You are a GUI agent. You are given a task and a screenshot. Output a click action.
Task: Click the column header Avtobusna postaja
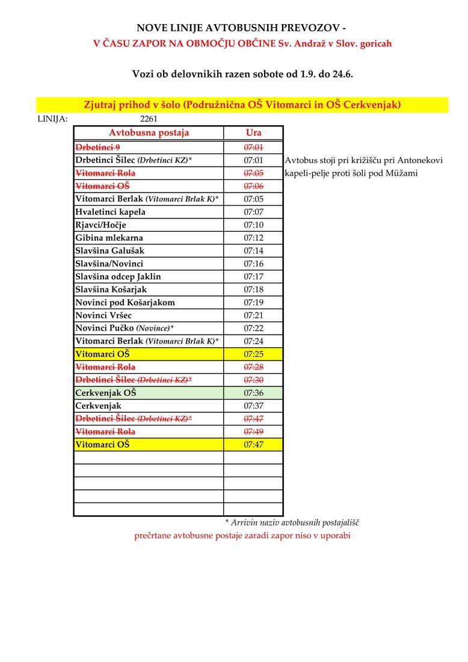click(149, 133)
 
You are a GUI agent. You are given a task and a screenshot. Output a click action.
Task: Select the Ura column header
click(253, 133)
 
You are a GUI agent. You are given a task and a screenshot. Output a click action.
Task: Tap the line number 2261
click(149, 119)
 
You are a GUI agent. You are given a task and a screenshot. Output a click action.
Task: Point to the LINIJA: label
click(52, 119)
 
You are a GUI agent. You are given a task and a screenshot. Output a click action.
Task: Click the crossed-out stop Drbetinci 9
click(97, 147)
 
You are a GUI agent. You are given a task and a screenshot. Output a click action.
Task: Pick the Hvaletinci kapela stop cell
click(110, 212)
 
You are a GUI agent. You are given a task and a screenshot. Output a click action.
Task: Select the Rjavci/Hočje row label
click(100, 225)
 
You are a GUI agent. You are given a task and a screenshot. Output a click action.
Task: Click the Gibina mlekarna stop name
click(109, 238)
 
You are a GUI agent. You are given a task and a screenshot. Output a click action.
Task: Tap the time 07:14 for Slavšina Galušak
click(253, 251)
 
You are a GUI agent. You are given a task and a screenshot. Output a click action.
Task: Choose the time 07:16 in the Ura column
click(253, 264)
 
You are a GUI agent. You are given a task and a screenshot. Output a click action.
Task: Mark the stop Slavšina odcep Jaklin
click(118, 277)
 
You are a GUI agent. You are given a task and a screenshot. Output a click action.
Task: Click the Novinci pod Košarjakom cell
click(125, 303)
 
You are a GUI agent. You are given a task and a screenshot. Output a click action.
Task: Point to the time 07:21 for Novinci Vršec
click(253, 315)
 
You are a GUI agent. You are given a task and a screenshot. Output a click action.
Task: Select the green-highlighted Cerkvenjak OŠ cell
click(106, 393)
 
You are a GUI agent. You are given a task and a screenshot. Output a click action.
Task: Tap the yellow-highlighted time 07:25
click(253, 354)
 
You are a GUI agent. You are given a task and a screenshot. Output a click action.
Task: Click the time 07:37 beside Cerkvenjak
click(253, 406)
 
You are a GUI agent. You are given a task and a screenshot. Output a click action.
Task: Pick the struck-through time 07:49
click(253, 432)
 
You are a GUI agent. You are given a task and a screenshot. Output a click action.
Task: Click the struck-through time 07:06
click(253, 186)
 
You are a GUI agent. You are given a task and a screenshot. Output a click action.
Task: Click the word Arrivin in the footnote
click(245, 523)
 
